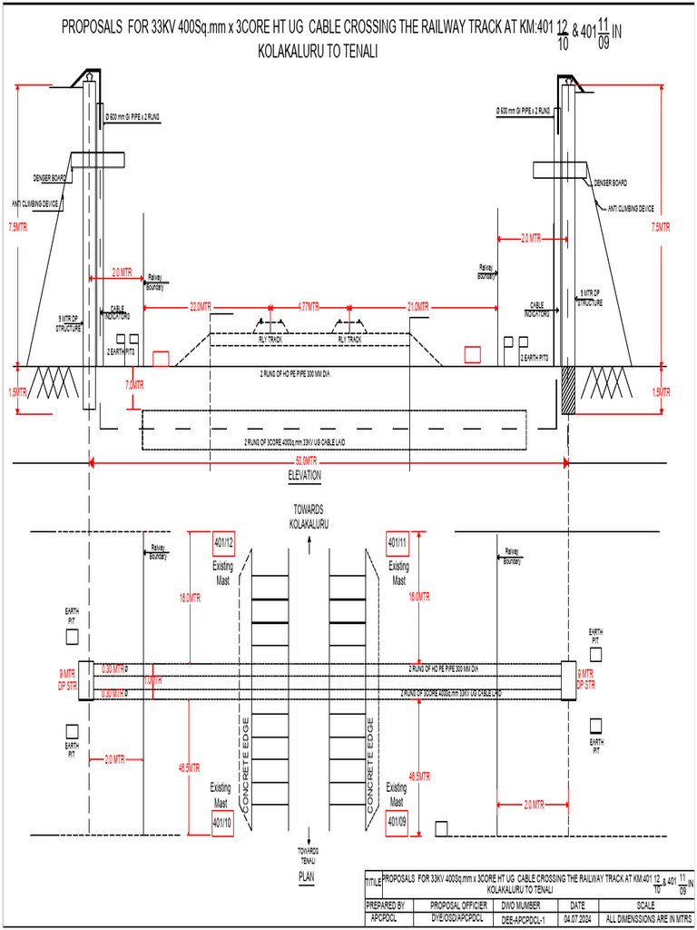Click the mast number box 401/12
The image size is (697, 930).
tap(223, 543)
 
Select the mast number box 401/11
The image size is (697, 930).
tap(398, 543)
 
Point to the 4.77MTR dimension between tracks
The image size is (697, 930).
tap(309, 308)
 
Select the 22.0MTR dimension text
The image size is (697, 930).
tap(200, 308)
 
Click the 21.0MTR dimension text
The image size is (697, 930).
tap(417, 308)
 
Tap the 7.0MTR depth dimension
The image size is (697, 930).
tap(133, 385)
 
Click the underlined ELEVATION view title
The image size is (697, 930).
tap(304, 476)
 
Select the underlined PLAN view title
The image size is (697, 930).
tap(307, 877)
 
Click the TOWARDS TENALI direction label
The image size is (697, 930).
tap(309, 854)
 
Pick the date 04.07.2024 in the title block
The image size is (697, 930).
tap(577, 919)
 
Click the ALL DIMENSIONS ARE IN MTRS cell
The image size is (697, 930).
tap(648, 919)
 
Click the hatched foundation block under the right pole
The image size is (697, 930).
tap(568, 391)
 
